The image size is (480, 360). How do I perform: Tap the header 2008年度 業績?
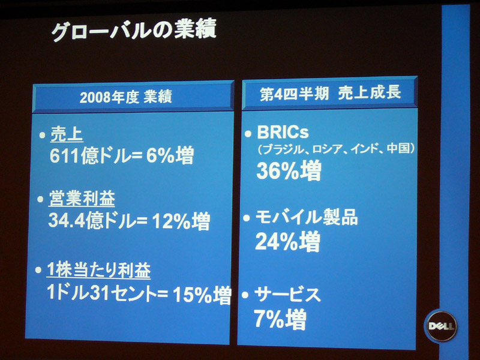(x=126, y=97)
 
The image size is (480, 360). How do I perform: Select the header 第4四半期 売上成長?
(x=331, y=93)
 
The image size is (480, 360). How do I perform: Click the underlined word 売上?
(x=67, y=134)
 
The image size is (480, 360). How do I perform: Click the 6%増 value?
(x=170, y=155)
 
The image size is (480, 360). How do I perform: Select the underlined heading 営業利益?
(x=82, y=199)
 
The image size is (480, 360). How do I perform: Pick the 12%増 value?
(x=181, y=221)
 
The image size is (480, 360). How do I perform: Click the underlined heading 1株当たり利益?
(x=98, y=271)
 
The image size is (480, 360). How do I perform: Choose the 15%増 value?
(x=202, y=295)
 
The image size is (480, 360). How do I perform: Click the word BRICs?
(x=283, y=132)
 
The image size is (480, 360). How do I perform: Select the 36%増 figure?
(x=289, y=170)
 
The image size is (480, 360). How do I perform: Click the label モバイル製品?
(x=307, y=217)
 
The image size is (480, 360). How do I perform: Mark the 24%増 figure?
(x=288, y=242)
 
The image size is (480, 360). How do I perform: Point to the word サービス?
(x=288, y=295)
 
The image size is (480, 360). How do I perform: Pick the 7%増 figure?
(x=280, y=319)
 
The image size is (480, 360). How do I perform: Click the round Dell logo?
(x=441, y=326)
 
